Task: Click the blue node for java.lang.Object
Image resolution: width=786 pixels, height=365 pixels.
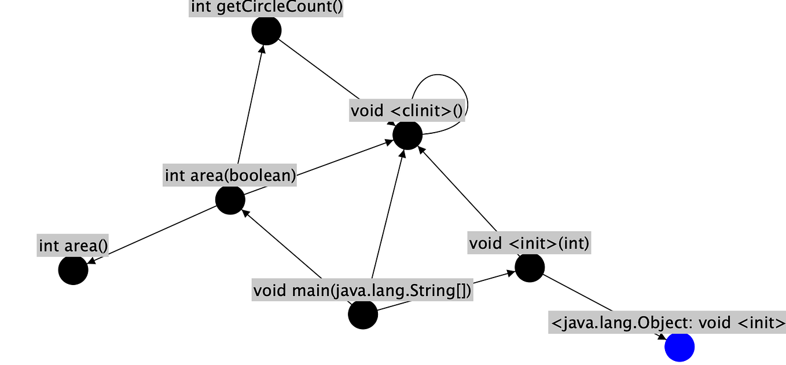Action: [x=679, y=346]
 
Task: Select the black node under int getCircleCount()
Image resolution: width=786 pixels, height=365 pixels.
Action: [x=266, y=30]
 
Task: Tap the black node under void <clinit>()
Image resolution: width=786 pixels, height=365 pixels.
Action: [x=407, y=135]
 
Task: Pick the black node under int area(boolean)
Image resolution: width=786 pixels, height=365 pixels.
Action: [x=230, y=199]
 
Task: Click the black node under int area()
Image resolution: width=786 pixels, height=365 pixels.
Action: [x=74, y=270]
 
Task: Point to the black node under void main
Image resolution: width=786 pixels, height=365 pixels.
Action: [x=363, y=315]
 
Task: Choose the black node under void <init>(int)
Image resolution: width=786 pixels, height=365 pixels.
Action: [x=530, y=268]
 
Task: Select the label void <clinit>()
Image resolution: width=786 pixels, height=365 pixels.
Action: [x=407, y=110]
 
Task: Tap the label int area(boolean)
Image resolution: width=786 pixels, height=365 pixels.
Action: [x=230, y=175]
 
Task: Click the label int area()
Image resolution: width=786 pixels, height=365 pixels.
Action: [x=74, y=246]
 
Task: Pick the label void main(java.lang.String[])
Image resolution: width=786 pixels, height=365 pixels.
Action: [x=363, y=290]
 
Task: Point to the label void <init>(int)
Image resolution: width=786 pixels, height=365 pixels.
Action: [x=529, y=243]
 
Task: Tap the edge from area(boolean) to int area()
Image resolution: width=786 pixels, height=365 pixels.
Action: [x=153, y=233]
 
